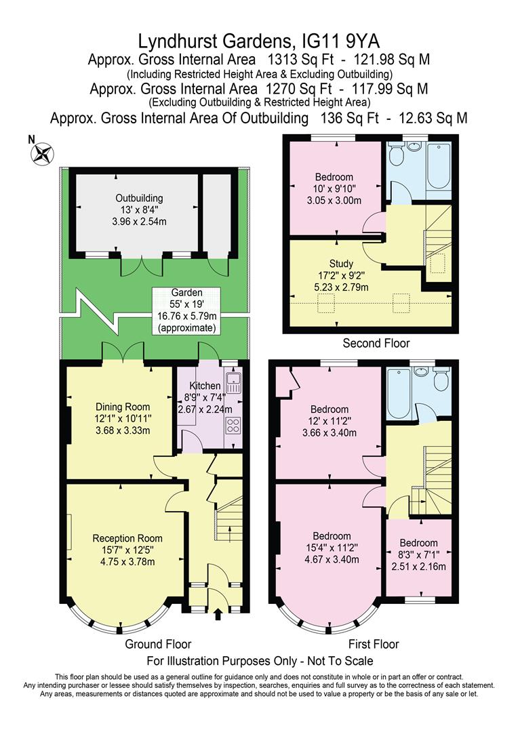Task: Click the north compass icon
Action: click(43, 153)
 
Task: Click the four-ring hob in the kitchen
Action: click(233, 426)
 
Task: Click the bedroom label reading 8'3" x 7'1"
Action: click(418, 554)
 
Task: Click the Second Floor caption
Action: click(376, 344)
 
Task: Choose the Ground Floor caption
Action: click(158, 644)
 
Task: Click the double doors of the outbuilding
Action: click(143, 267)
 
